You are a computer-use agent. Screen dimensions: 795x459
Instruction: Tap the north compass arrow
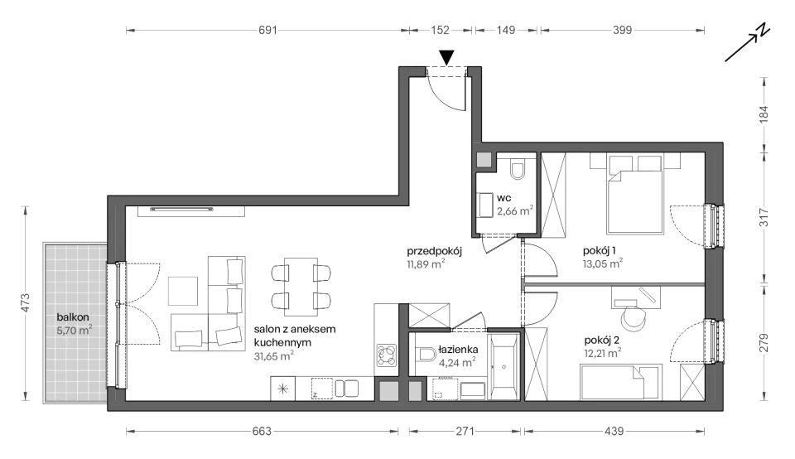[748, 43]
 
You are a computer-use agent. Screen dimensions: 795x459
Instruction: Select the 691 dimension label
[267, 31]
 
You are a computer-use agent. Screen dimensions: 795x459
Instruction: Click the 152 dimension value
[440, 31]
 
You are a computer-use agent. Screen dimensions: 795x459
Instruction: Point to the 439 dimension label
[614, 432]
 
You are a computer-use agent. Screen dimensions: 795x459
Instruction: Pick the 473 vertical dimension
[26, 302]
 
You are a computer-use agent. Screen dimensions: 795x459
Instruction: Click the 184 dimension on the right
[764, 114]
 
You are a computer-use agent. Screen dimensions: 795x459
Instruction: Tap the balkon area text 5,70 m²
[75, 331]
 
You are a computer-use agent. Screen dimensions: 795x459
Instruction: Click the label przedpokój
[434, 250]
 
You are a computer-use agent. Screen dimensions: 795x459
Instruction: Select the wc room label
[504, 198]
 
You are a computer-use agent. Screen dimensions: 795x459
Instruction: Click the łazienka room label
[458, 350]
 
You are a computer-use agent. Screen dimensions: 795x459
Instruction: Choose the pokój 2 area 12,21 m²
[603, 353]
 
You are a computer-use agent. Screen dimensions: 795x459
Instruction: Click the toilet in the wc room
[518, 171]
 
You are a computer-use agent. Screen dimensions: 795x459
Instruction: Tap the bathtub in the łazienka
[503, 366]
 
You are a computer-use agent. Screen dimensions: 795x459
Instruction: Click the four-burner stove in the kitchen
[387, 355]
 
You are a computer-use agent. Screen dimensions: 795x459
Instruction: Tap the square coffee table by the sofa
[183, 291]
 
